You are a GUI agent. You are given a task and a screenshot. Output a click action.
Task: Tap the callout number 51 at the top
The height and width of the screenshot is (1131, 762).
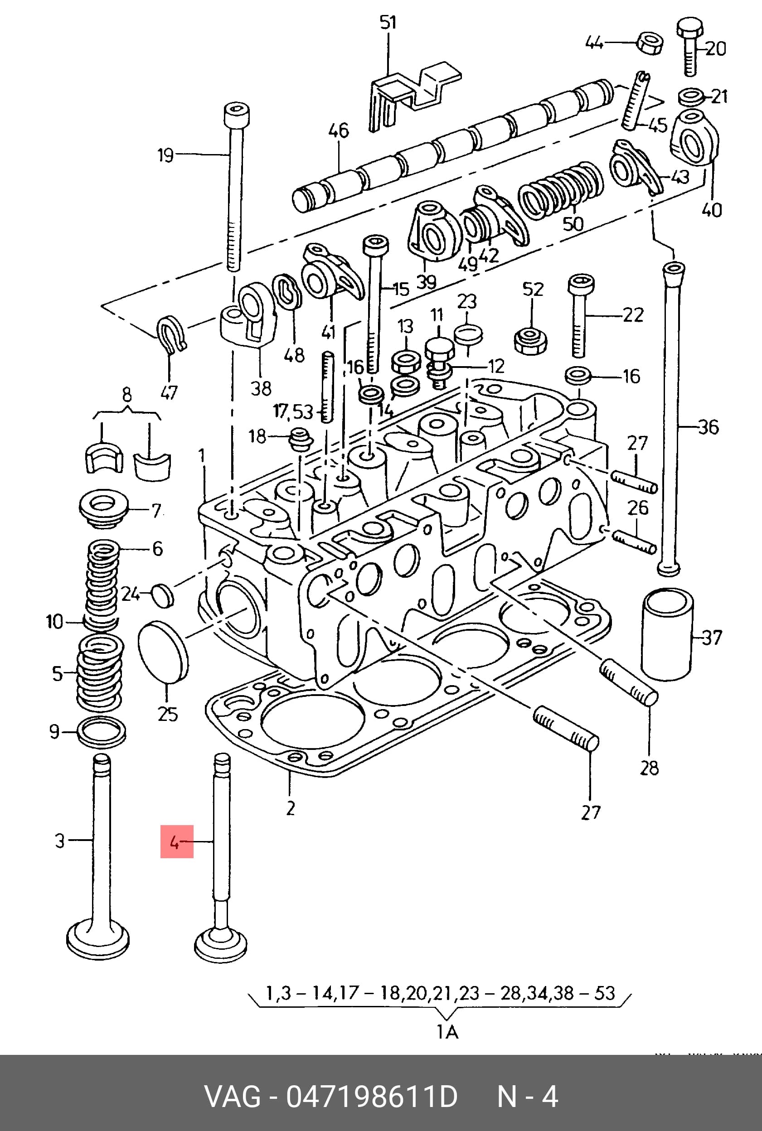point(388,22)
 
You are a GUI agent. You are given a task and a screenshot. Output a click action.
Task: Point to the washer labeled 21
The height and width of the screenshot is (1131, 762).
point(690,97)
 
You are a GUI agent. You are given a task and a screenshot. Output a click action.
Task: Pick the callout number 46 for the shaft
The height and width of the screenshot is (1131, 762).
point(339,130)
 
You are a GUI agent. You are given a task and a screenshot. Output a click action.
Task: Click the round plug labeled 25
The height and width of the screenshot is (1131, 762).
point(163,652)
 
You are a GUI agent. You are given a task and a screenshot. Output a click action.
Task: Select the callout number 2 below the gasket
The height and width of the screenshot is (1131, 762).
point(290,808)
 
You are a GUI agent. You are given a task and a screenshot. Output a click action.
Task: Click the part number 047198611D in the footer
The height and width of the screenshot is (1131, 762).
point(372,1097)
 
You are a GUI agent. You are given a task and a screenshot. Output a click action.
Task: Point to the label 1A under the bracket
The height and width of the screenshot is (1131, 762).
point(447,1031)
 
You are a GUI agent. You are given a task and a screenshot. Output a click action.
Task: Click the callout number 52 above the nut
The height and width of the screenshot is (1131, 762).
point(533,290)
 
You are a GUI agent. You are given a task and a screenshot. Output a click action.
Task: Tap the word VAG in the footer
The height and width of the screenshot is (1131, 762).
point(233,1097)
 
